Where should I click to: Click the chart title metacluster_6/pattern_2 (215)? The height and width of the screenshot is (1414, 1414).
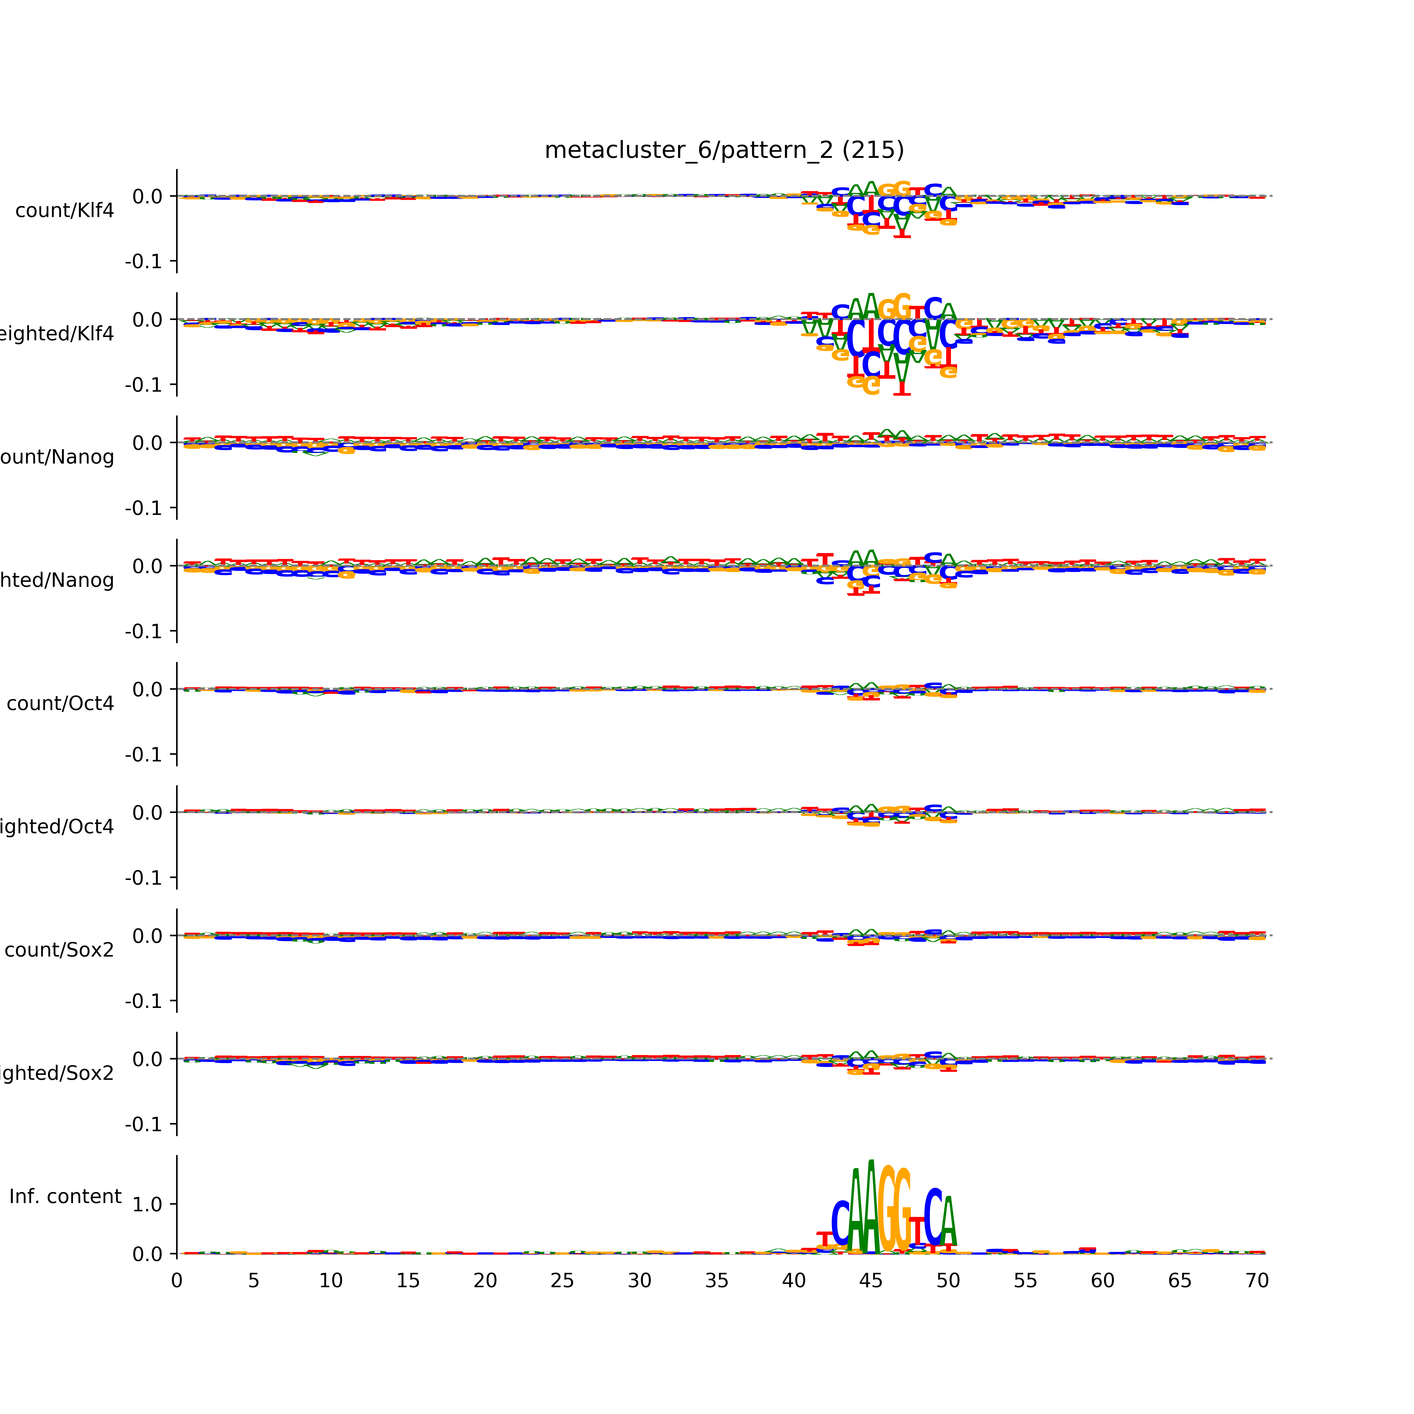click(724, 150)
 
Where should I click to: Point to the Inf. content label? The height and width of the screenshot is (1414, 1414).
click(65, 1197)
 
